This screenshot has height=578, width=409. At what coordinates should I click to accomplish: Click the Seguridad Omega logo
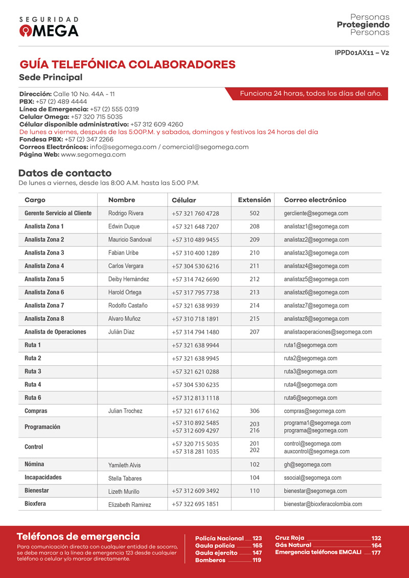coord(49,27)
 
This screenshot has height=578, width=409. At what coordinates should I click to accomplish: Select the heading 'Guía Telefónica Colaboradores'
coord(127,65)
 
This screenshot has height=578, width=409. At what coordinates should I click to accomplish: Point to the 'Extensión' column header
coord(254,200)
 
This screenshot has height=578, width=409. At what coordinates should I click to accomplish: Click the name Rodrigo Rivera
coord(126,213)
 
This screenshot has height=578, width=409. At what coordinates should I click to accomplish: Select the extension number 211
coord(254,266)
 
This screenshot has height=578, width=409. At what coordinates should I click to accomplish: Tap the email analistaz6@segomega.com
coord(316,293)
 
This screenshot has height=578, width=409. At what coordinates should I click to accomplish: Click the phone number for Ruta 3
coord(195,372)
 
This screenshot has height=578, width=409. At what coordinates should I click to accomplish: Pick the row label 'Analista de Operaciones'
coord(55,332)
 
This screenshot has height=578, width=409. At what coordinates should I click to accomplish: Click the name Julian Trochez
coord(125,411)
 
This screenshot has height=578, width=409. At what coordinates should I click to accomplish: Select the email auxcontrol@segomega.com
coord(316,452)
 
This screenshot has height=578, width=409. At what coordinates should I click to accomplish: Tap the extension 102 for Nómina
coord(254,465)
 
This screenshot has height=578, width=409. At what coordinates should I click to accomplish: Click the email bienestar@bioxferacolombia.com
coord(323,504)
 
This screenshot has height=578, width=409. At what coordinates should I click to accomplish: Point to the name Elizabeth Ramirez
coord(129,505)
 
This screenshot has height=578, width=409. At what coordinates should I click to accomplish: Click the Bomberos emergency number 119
coord(257,560)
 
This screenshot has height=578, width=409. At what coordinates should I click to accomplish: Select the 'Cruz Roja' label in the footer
coord(289,538)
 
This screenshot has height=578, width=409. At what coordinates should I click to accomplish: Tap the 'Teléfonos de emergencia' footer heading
coord(78,537)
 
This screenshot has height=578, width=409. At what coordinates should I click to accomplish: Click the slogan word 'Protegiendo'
coord(363,25)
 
